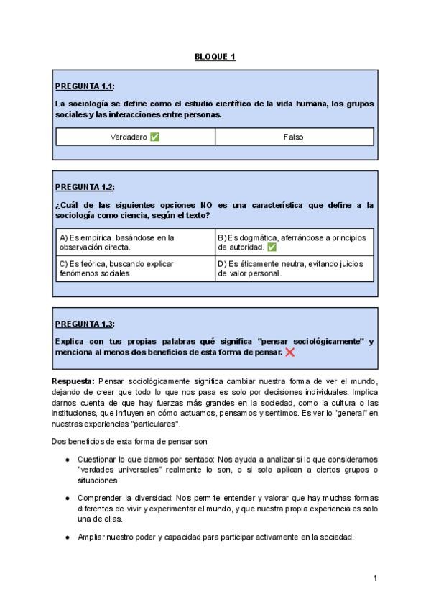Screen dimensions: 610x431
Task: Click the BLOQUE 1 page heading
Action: pyautogui.click(x=215, y=57)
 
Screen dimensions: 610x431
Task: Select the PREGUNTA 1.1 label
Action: pyautogui.click(x=85, y=87)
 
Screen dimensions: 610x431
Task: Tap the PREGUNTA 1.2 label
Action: pyautogui.click(x=85, y=187)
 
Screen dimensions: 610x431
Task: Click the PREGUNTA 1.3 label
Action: pyautogui.click(x=85, y=324)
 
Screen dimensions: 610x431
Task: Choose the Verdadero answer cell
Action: pyautogui.click(x=135, y=137)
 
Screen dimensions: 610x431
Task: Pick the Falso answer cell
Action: pyautogui.click(x=294, y=137)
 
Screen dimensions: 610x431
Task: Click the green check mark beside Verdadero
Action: pyautogui.click(x=154, y=137)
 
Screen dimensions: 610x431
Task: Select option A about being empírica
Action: pyautogui.click(x=134, y=242)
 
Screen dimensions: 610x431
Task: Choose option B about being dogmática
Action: pyautogui.click(x=294, y=242)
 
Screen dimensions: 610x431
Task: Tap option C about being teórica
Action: pyautogui.click(x=134, y=268)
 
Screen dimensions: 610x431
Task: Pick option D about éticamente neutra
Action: pyautogui.click(x=294, y=268)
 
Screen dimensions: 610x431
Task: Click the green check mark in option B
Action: pyautogui.click(x=272, y=247)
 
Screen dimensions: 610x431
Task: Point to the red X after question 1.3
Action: pyautogui.click(x=289, y=352)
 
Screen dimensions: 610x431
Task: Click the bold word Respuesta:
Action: pyautogui.click(x=73, y=380)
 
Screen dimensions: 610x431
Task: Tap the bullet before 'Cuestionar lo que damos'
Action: pyautogui.click(x=68, y=459)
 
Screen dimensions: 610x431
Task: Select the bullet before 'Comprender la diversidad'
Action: pyautogui.click(x=68, y=498)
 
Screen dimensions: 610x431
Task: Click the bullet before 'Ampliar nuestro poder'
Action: pyautogui.click(x=68, y=537)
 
